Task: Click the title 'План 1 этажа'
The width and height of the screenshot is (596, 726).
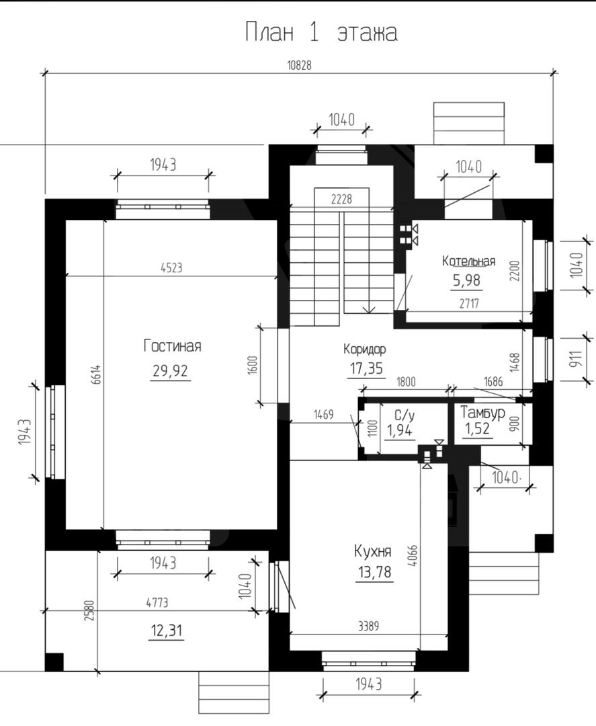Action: [321, 32]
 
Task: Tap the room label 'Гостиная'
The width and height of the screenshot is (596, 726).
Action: [172, 346]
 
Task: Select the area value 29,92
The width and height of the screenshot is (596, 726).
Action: [170, 371]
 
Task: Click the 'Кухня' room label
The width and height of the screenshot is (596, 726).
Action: [372, 551]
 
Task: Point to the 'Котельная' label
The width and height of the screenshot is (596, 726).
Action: [468, 261]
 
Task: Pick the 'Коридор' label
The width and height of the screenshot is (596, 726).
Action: [365, 348]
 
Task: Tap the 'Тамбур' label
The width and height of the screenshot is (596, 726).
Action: [482, 412]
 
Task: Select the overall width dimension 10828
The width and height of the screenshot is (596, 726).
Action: [300, 65]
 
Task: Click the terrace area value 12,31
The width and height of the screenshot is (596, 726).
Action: [167, 630]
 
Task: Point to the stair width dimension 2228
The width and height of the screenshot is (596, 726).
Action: [341, 198]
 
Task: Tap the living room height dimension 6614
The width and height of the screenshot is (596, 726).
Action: [96, 374]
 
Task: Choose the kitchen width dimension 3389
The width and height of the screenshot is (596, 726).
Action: [368, 626]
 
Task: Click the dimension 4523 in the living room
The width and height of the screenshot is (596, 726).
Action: [171, 267]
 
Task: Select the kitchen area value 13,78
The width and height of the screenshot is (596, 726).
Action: [374, 572]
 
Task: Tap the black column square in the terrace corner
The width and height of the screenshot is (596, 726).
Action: [54, 661]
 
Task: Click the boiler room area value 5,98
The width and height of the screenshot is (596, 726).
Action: [466, 280]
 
